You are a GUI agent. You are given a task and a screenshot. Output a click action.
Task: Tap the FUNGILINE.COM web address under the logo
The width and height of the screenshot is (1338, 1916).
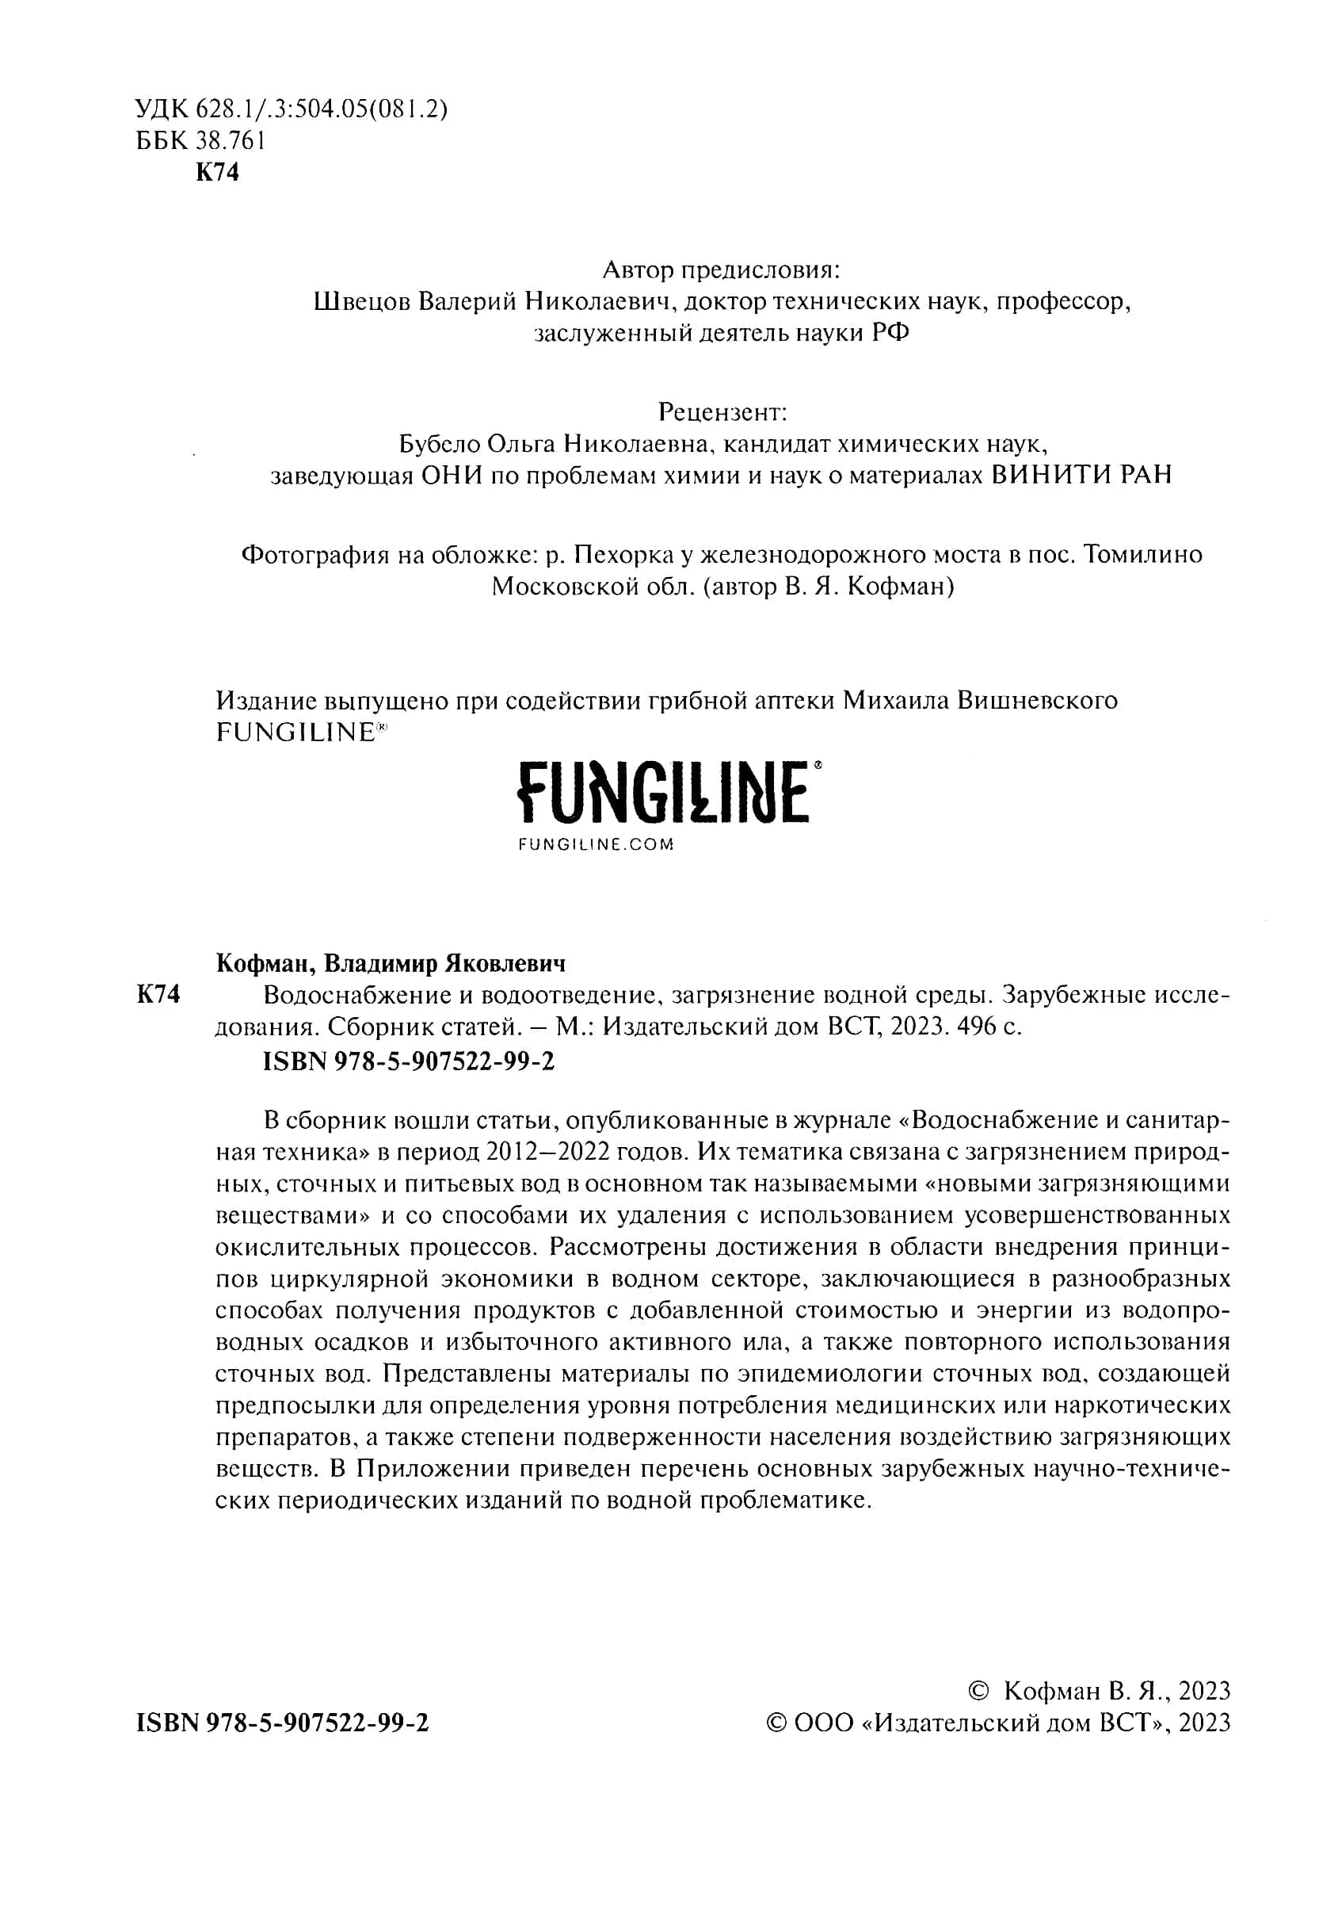pos(595,844)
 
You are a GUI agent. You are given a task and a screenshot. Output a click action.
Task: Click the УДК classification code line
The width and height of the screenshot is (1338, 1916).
pos(291,109)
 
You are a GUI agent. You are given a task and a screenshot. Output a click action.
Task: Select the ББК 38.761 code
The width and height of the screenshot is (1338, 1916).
pos(200,141)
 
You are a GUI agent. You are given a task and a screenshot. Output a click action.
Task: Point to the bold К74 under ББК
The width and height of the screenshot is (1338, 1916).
pos(217,173)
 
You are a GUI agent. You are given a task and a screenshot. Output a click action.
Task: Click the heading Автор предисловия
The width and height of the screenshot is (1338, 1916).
pos(722,270)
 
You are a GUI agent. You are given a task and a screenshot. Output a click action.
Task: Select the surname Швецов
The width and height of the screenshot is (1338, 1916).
pos(362,301)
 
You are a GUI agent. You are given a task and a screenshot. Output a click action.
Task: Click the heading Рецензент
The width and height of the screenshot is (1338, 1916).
pos(722,411)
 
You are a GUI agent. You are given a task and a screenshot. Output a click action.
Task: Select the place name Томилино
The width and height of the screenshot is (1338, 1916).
pos(1142,554)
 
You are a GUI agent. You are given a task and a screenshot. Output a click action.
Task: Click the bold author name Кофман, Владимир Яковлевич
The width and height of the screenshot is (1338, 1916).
pos(391,964)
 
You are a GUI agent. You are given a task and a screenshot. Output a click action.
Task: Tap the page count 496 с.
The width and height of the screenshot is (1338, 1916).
pos(989,1027)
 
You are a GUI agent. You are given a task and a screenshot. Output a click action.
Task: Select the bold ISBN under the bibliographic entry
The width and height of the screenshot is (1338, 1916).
pos(408,1061)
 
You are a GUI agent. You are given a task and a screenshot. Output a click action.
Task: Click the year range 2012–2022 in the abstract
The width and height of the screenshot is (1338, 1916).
pos(587,1153)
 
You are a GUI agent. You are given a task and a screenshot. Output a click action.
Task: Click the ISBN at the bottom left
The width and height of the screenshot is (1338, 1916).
pos(282,1723)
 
